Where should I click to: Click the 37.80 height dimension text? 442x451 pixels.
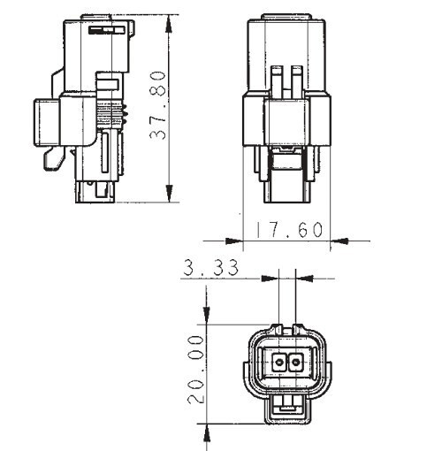[158, 105]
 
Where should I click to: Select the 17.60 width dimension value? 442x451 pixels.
[289, 230]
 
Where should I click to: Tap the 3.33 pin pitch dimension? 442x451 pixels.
[210, 267]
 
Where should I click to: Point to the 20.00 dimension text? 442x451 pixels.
[196, 370]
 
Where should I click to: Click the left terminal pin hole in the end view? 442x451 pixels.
[278, 362]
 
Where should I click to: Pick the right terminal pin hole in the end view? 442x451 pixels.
[295, 362]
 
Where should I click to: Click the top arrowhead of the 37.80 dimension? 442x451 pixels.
[169, 24]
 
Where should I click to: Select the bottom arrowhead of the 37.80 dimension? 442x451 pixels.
[169, 193]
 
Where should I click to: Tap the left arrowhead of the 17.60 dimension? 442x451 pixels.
[234, 241]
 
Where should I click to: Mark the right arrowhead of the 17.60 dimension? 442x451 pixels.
[339, 241]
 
